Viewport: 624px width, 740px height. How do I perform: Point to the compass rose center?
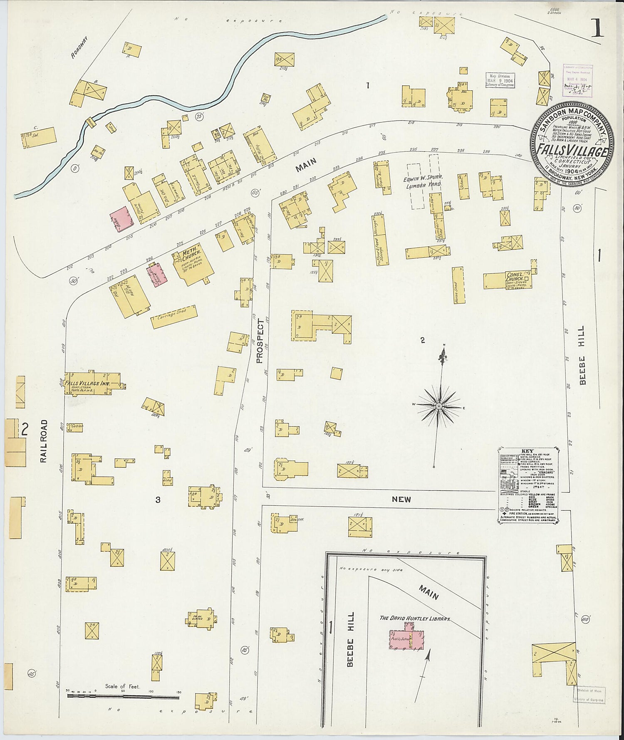tap(439, 406)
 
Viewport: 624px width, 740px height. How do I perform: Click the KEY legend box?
tap(528, 485)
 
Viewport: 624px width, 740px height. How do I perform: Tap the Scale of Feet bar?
tap(124, 695)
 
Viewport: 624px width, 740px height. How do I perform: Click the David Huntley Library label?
tap(415, 619)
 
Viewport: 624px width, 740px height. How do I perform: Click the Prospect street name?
tap(260, 341)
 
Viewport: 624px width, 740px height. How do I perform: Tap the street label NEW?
tap(401, 500)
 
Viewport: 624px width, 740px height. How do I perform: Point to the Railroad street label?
tap(44, 441)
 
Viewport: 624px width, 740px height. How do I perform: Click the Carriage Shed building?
tap(174, 317)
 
